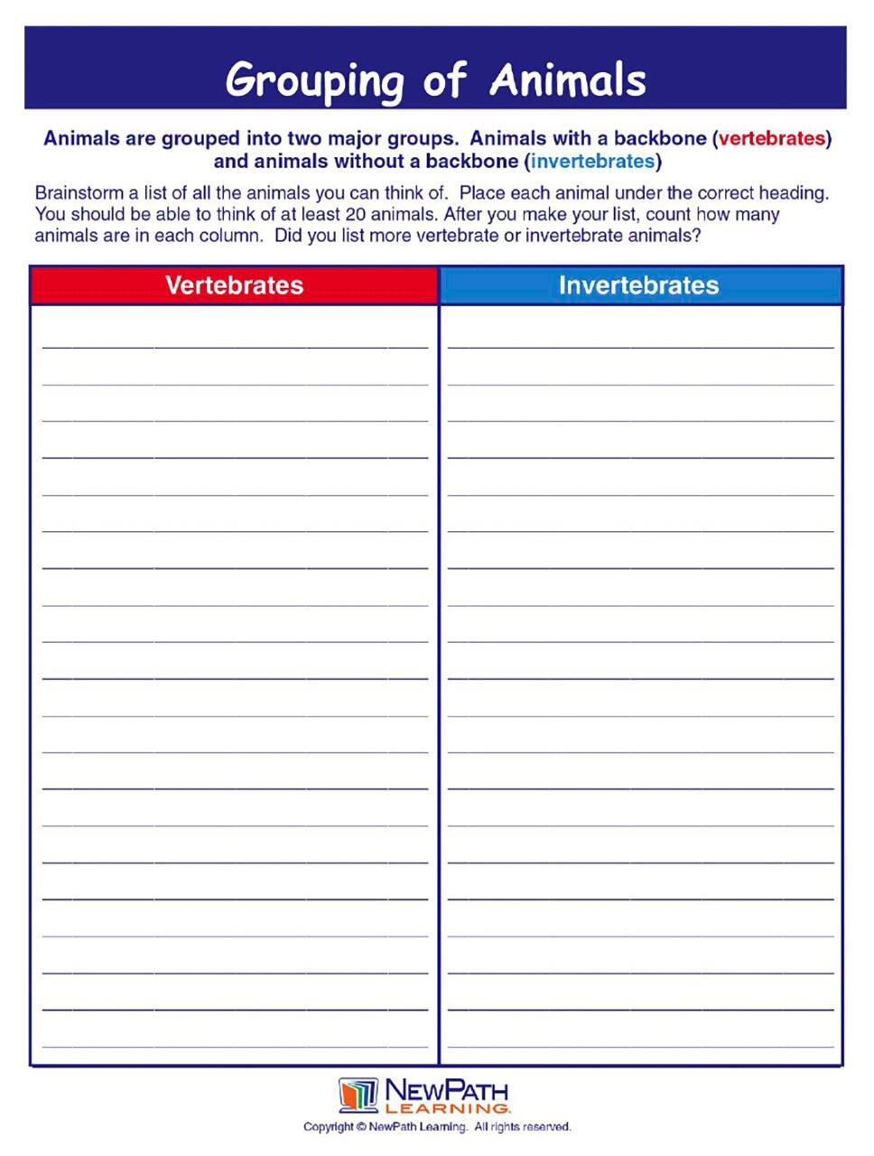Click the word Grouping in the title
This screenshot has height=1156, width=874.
313,80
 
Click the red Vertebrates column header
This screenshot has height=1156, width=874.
234,285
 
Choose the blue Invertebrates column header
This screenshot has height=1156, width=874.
638,285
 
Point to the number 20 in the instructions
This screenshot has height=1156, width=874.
355,215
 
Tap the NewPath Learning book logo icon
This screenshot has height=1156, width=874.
358,1095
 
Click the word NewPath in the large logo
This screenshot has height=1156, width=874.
447,1090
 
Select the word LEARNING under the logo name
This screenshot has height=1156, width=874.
447,1108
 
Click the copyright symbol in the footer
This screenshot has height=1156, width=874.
361,1127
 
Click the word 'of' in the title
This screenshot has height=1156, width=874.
444,80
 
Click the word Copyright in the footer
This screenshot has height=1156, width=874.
328,1127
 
